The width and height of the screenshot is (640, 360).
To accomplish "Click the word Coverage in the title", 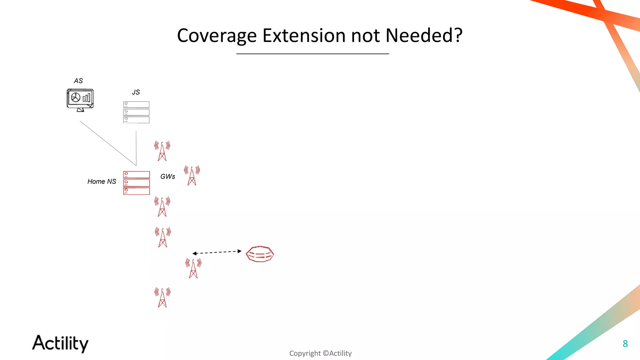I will tap(217, 36).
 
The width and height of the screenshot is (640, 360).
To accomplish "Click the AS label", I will tap(78, 81).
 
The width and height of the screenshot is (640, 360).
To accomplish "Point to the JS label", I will tap(136, 92).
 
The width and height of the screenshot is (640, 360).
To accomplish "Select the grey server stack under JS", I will tap(136, 112).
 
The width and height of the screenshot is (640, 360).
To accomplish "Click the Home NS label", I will tap(102, 182).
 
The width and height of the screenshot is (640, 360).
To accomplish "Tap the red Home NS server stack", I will tap(136, 183).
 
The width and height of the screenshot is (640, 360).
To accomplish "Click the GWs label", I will tap(168, 177).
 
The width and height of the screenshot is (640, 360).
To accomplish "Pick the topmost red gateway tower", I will tap(162, 151).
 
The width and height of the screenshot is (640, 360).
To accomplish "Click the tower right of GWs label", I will tap(192, 176).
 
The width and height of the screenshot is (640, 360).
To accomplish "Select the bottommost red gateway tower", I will tap(162, 297).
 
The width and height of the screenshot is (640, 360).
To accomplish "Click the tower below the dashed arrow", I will tap(193, 268).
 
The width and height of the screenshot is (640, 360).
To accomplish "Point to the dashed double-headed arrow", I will tap(217, 252).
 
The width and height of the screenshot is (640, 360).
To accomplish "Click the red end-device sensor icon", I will tap(260, 254).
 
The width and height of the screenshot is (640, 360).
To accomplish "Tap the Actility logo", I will tap(60, 343).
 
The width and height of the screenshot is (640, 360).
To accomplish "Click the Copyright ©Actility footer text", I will tap(320, 353).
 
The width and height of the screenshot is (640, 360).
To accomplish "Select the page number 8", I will tap(625, 344).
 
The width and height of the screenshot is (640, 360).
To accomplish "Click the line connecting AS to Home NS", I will tap(108, 143).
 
